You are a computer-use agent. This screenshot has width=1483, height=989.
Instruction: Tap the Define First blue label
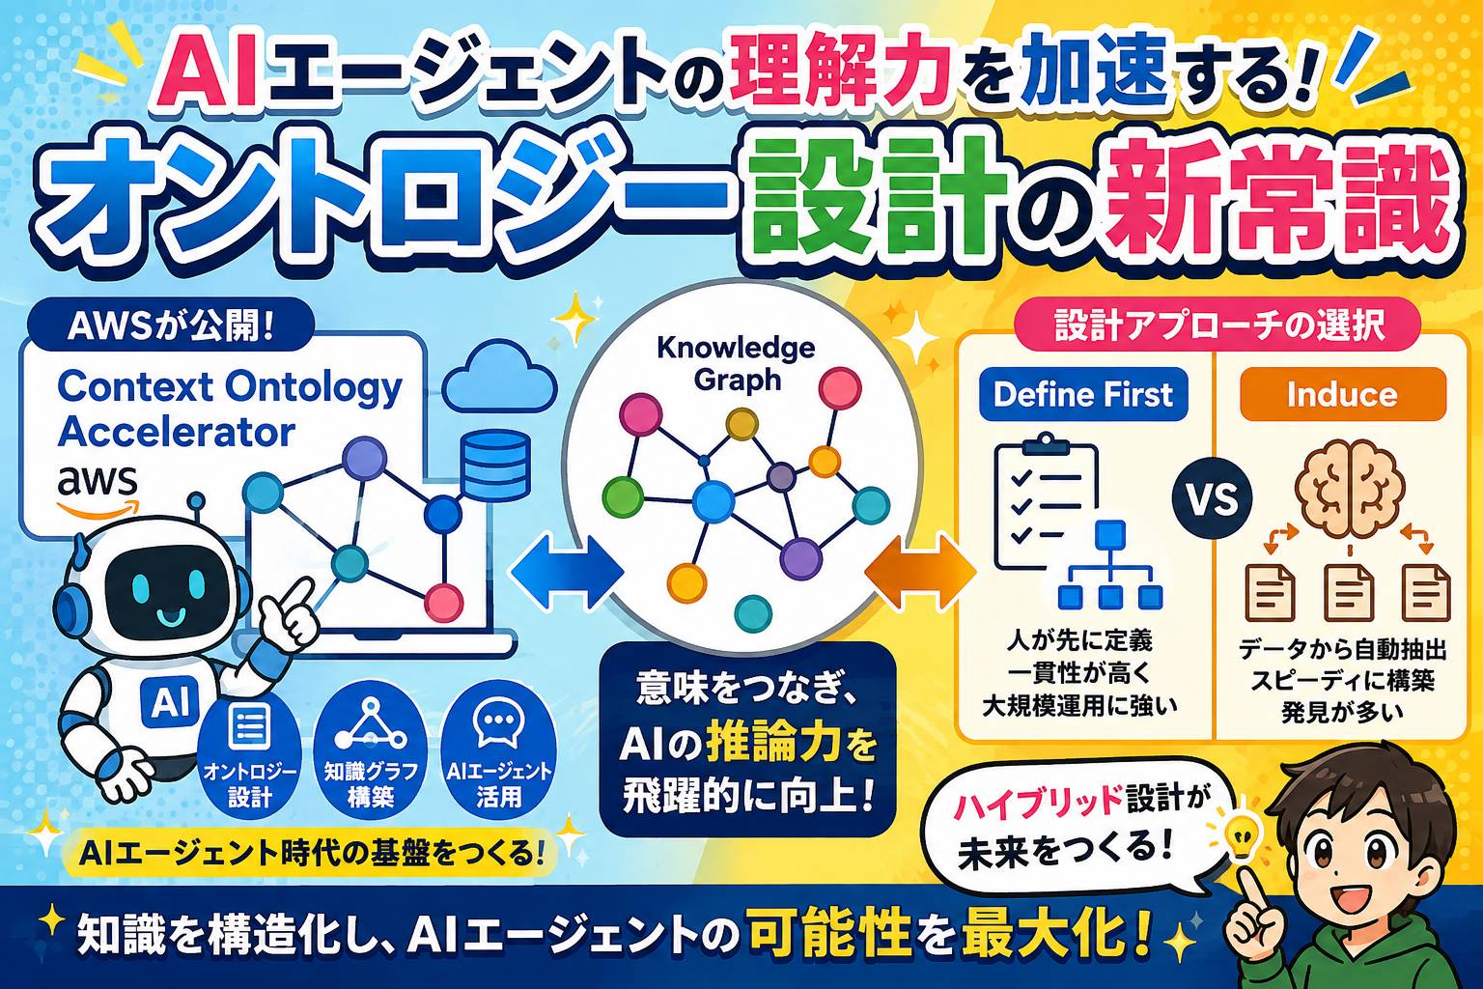click(1082, 395)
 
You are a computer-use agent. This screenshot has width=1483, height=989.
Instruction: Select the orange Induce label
click(1343, 395)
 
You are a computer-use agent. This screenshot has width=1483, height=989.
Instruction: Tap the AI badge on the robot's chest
click(170, 703)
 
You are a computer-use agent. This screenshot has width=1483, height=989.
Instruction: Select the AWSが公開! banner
click(171, 328)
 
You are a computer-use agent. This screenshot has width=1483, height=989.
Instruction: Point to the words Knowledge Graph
click(737, 364)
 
